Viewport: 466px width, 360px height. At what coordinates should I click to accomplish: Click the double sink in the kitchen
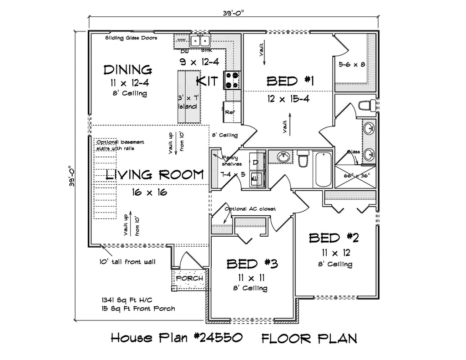pos(200,41)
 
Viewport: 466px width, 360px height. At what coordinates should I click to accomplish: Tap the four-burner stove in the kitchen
pos(231,81)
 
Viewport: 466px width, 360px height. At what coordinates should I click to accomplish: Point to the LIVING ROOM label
pos(155,175)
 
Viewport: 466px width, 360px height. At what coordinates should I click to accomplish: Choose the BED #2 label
pos(334,238)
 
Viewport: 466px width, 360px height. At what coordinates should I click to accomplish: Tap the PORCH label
pos(189,279)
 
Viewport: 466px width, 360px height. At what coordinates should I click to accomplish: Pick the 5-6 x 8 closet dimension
pos(352,65)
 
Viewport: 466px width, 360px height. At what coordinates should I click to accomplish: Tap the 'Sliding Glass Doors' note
pos(131,38)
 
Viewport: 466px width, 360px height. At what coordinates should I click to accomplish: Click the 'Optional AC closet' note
pos(250,209)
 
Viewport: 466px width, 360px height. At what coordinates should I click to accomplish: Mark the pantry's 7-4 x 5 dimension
pos(232,174)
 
